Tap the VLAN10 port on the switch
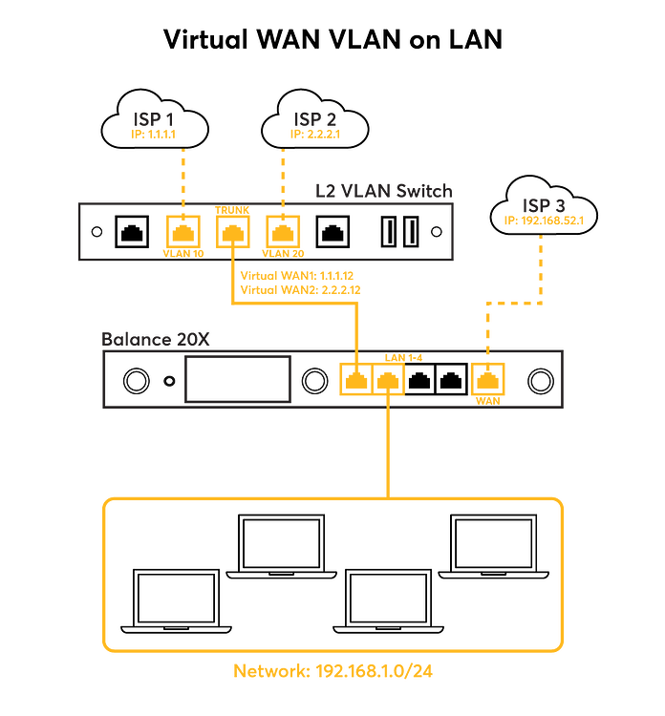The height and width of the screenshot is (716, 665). [182, 230]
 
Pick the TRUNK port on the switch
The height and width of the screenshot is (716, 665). [230, 230]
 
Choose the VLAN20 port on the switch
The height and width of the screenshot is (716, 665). [280, 230]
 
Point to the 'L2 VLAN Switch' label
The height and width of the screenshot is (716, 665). [382, 191]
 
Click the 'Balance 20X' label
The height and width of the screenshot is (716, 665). [156, 339]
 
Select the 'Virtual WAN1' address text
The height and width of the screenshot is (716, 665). [297, 275]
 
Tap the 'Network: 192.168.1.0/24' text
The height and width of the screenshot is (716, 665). [333, 671]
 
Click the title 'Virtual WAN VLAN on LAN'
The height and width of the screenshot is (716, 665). [332, 39]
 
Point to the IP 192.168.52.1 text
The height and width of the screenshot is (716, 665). [541, 221]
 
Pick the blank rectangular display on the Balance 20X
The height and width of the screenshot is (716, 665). [238, 379]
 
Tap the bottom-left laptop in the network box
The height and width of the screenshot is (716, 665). [176, 603]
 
